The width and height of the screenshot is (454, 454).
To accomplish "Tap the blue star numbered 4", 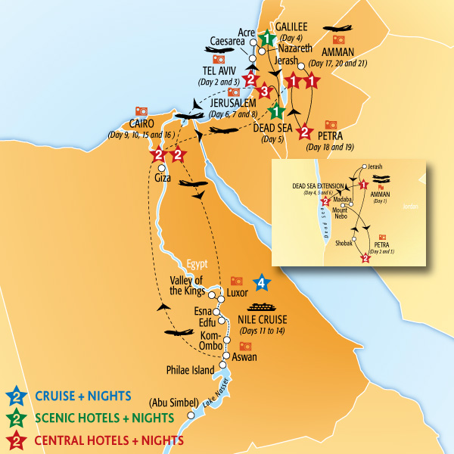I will point(261,283).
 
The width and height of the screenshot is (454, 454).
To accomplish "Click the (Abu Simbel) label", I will point(173,402).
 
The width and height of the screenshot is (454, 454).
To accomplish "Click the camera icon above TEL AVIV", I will point(219,59).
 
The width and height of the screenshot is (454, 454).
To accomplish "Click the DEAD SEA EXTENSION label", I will point(312,185).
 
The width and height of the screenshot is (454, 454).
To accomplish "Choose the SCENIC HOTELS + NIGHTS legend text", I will point(104,417).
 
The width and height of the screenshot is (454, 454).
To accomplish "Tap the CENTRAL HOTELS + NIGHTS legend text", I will point(108,439).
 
